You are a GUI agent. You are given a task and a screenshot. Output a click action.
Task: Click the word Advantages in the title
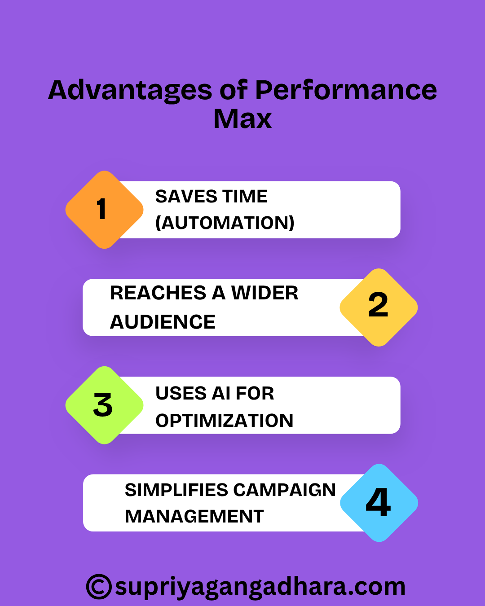tap(130, 90)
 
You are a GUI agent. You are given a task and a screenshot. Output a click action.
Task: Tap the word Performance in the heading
tap(346, 90)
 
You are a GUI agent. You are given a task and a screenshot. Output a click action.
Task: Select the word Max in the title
tap(242, 119)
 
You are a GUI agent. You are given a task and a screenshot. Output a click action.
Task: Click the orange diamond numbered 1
tap(104, 210)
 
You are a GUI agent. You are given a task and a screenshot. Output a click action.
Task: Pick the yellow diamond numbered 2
tap(379, 307)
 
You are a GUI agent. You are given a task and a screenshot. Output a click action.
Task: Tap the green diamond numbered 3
tap(104, 405)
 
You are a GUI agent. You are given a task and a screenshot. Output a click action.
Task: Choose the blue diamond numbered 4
tap(379, 502)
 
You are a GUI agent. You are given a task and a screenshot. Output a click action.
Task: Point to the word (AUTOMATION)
tap(225, 223)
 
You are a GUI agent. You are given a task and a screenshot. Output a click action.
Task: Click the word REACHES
tap(158, 293)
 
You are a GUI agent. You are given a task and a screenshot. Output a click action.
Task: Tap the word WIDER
tap(265, 293)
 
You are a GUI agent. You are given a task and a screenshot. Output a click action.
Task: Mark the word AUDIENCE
tap(163, 322)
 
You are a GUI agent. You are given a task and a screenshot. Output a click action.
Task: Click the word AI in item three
tap(221, 394)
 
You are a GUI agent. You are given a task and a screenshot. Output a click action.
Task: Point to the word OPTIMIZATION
tap(224, 421)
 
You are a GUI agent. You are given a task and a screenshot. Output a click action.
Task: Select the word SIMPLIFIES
tap(176, 490)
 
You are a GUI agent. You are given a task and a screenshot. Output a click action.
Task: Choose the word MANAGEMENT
tap(194, 517)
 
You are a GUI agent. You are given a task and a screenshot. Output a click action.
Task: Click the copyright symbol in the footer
tap(99, 587)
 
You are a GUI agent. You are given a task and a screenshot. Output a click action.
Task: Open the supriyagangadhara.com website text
tap(260, 587)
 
